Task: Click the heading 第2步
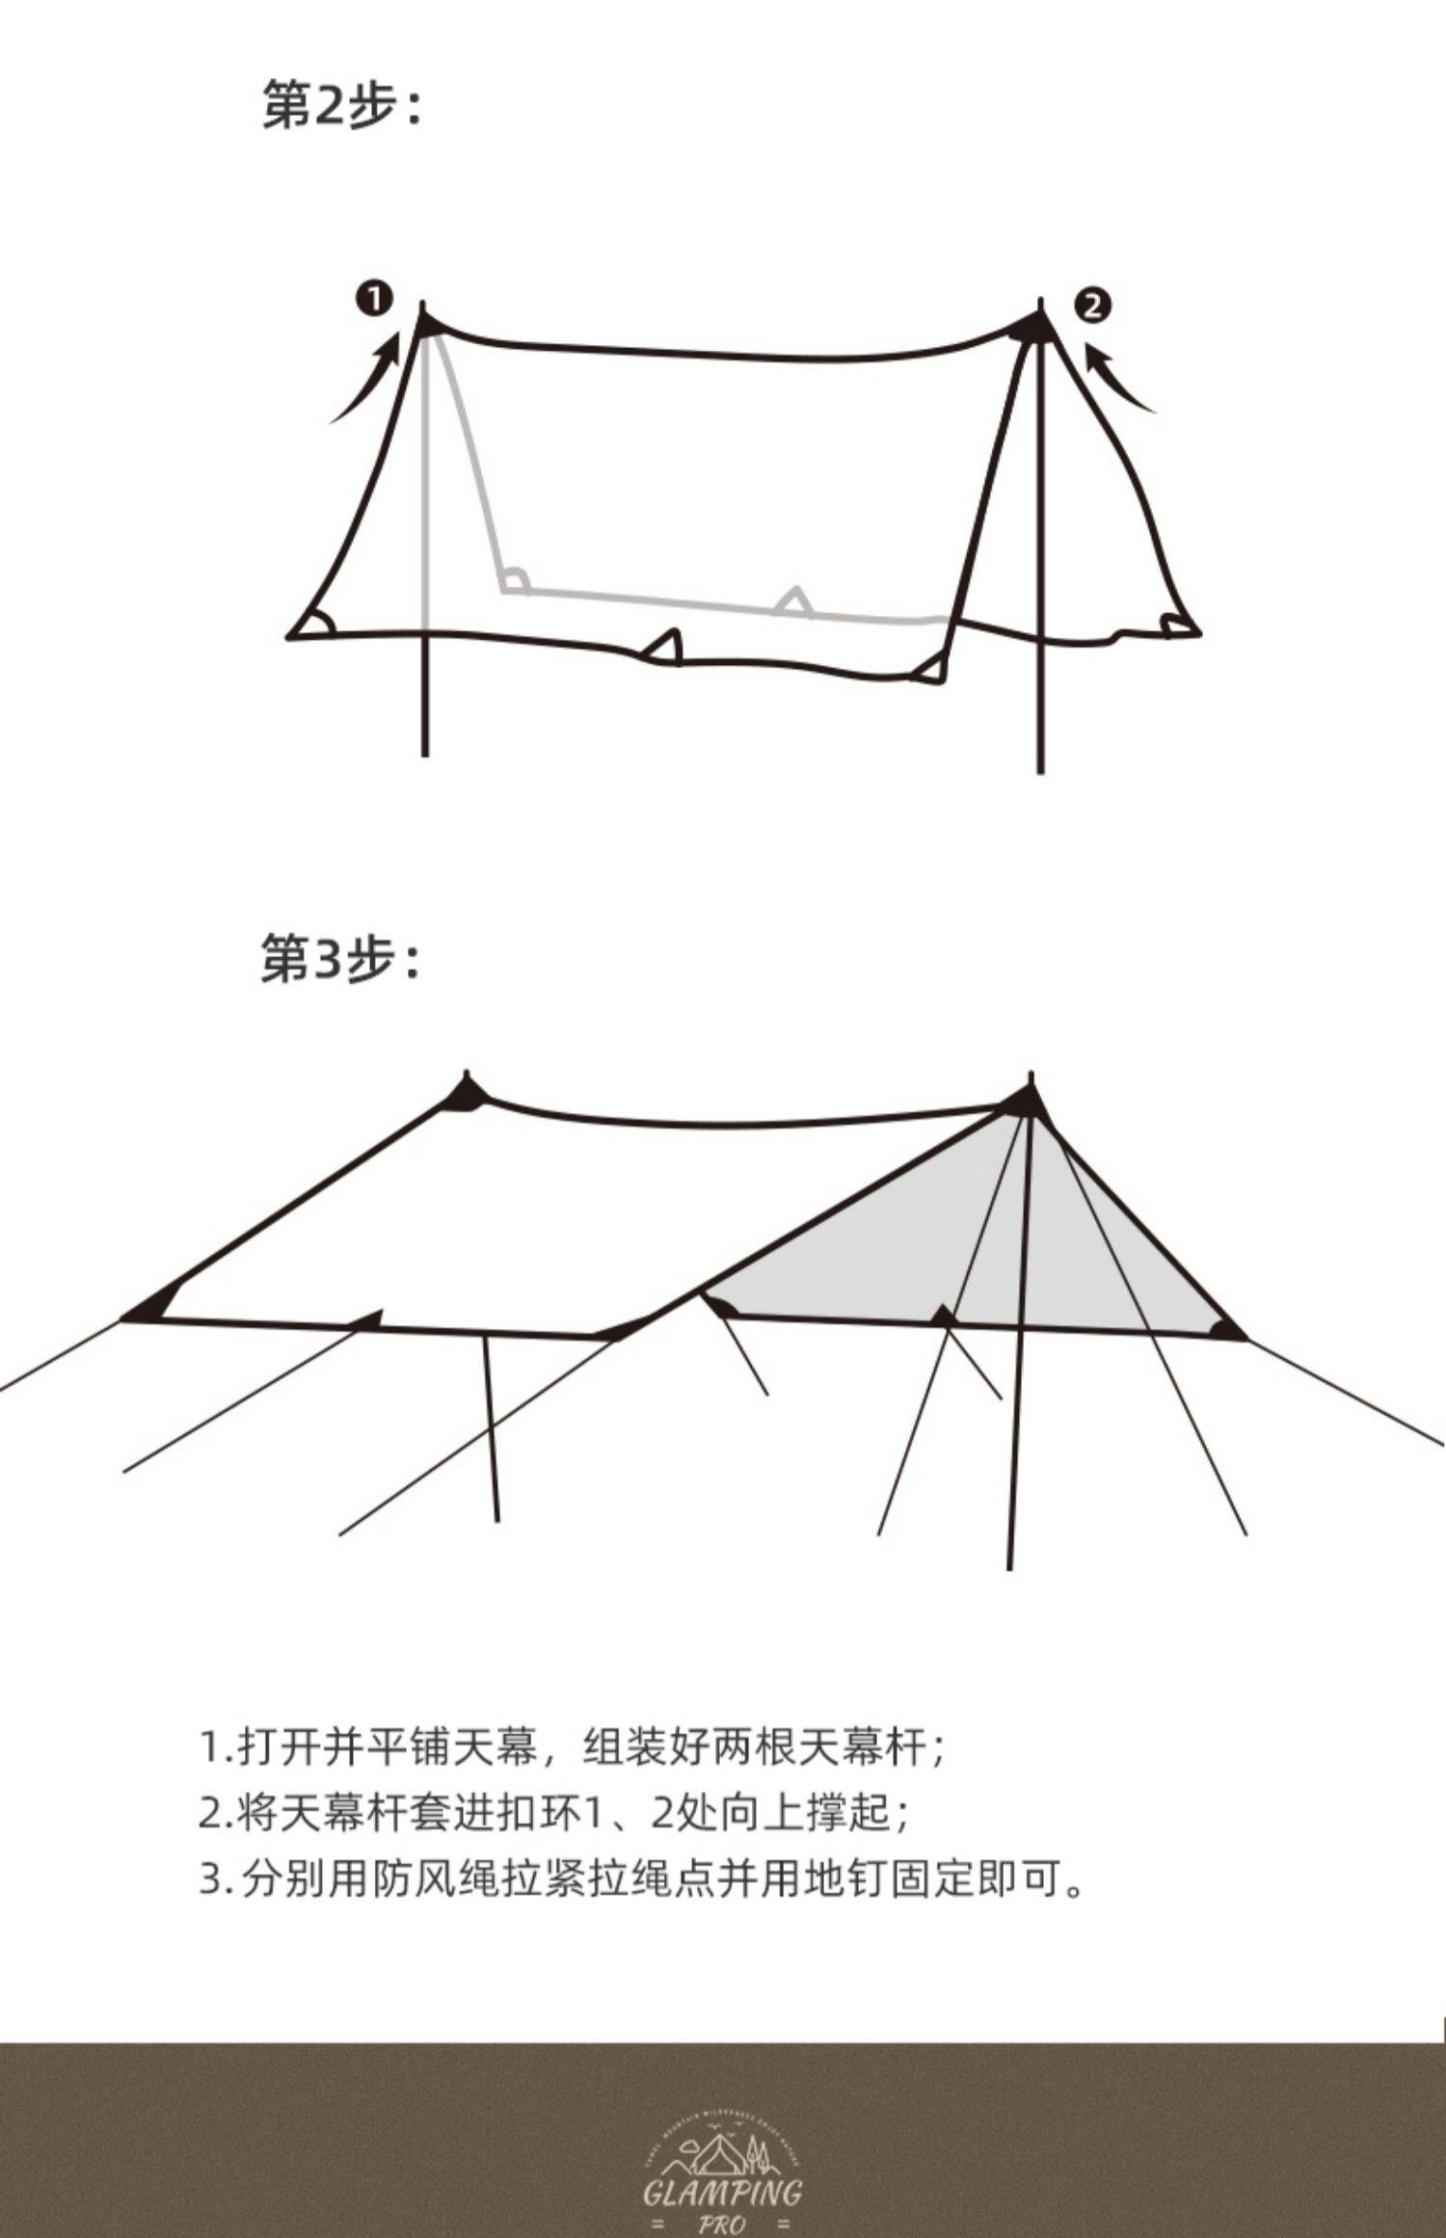coord(342,105)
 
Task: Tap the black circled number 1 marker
coord(375,299)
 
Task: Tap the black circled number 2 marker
coord(1092,306)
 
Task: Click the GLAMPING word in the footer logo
coord(722,2167)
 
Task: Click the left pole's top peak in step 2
coord(424,318)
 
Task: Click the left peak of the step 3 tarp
coord(468,1092)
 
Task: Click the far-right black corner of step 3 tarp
coord(1227,1331)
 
